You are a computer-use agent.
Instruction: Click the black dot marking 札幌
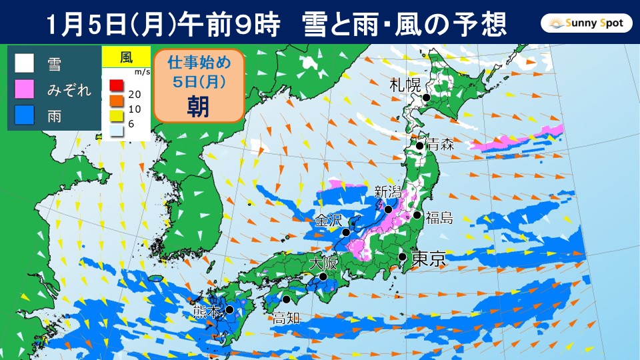tap(424, 97)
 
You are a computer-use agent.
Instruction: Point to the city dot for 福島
tap(417, 215)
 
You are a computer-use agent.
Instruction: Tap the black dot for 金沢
tap(346, 233)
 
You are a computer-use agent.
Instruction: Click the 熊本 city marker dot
tap(229, 309)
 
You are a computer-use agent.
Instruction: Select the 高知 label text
tap(286, 319)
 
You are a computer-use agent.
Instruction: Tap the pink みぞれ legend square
tap(25, 91)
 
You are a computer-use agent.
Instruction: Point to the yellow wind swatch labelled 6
tap(115, 117)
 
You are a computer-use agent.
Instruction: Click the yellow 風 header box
tap(126, 57)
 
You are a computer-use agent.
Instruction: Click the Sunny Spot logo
tap(586, 25)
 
